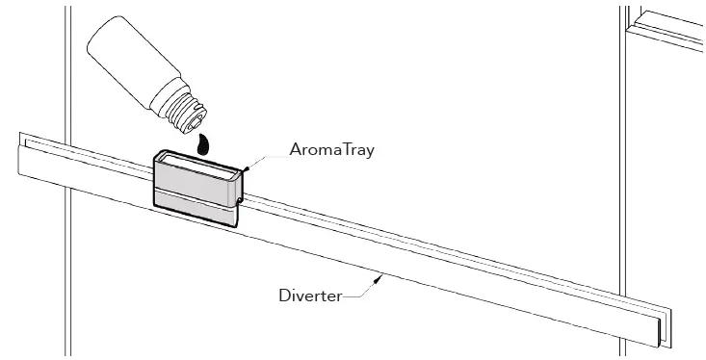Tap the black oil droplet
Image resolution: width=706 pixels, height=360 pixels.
point(201,143)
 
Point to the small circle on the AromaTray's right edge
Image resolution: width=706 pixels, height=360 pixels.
point(238,200)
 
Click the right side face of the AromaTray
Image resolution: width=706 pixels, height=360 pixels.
point(236,189)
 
